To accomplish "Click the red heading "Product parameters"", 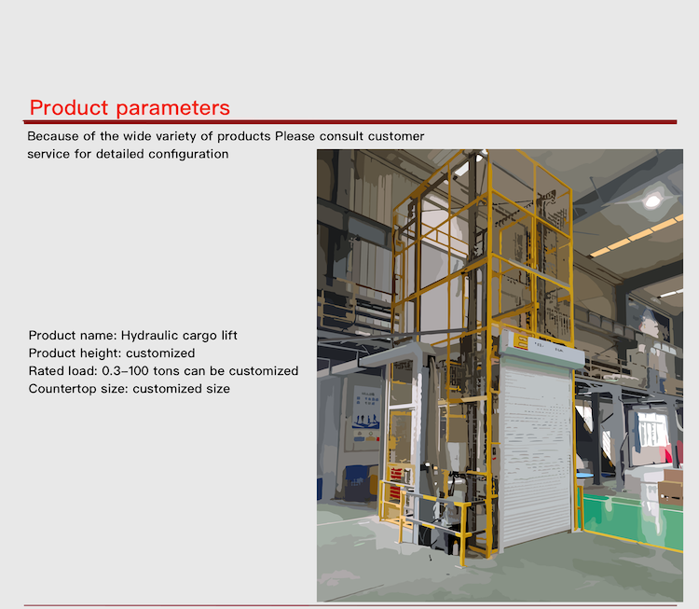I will click(x=130, y=107).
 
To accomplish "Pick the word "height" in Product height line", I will click(x=102, y=353).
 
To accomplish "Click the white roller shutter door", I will click(x=538, y=448).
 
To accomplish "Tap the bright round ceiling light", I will click(x=652, y=199).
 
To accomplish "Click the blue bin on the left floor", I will click(x=356, y=479).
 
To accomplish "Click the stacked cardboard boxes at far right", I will click(x=670, y=485).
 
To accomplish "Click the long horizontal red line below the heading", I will click(x=349, y=121).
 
